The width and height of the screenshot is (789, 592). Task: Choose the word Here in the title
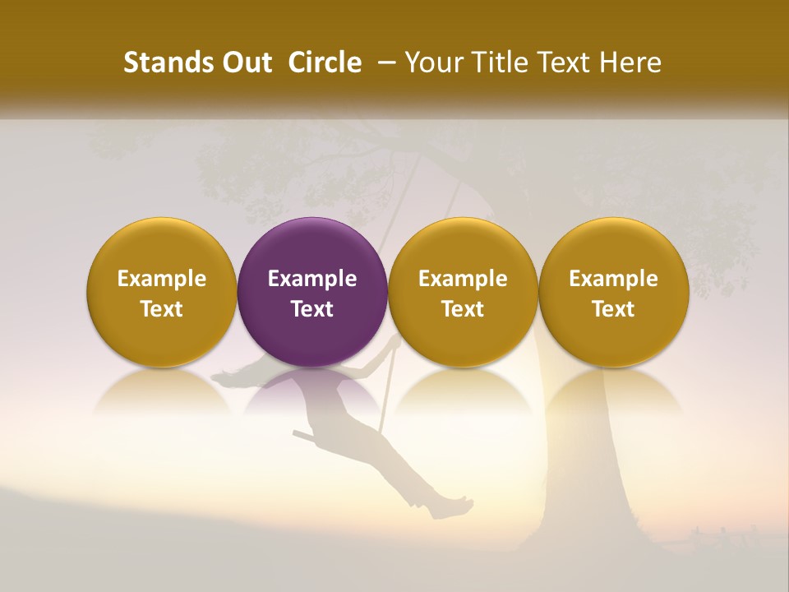tap(631, 62)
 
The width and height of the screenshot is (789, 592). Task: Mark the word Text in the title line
tap(564, 62)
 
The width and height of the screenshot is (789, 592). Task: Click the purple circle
tap(312, 247)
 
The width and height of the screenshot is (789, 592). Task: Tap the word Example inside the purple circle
tap(312, 279)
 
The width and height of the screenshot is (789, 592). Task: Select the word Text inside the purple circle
tap(312, 309)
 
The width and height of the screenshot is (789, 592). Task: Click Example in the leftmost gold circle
tap(162, 279)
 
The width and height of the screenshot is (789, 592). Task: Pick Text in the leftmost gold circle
tap(162, 309)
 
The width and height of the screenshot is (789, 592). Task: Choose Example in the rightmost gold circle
tap(613, 279)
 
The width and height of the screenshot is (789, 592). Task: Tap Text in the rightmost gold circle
tap(613, 309)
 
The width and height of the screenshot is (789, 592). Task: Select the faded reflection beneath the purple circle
tap(312, 391)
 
